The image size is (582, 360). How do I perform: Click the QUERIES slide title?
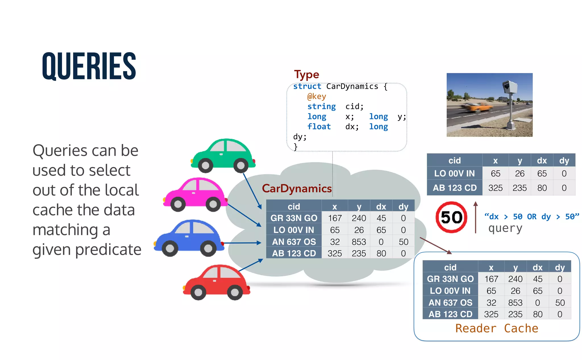[x=89, y=66]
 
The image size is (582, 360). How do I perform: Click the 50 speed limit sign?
[x=451, y=218]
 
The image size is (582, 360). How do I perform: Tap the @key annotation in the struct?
[x=317, y=96]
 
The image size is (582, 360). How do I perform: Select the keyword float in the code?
[x=319, y=127]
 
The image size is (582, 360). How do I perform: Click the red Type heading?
[x=307, y=75]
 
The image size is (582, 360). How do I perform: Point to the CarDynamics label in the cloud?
[x=297, y=189]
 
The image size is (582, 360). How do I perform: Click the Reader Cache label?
[x=496, y=328]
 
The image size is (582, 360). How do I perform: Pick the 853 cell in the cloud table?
[x=359, y=242]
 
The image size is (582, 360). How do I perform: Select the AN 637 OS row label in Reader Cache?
[x=450, y=303]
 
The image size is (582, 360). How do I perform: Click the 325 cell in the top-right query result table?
[x=495, y=188]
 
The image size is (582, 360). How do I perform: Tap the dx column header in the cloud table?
[x=381, y=207]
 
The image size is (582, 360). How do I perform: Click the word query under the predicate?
[x=505, y=228]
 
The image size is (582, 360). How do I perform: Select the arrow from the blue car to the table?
[x=242, y=243]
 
